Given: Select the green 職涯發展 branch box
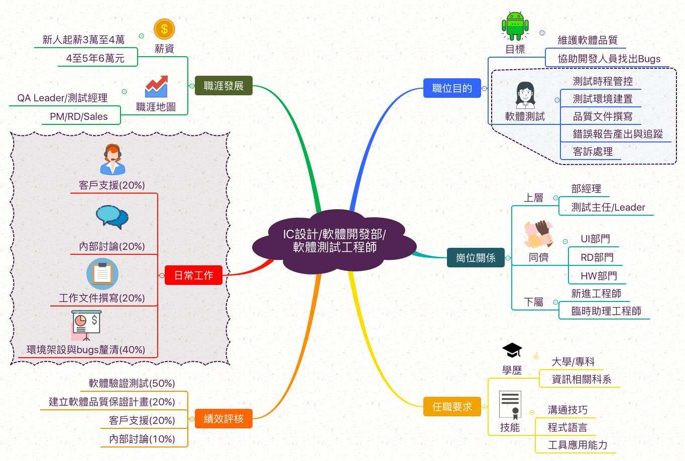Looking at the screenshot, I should click(223, 86).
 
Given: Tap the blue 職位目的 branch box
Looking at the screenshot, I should click(452, 88).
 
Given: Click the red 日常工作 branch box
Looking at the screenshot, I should click(193, 275).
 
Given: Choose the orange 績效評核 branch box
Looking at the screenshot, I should click(223, 418).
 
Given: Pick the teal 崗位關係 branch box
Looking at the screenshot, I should click(476, 258).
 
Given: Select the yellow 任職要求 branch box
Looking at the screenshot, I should click(452, 406).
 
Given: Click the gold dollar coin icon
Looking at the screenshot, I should click(164, 29).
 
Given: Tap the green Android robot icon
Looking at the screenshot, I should click(515, 26).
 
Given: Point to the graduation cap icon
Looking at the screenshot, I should click(512, 350).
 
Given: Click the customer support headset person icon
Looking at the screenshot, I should click(112, 160).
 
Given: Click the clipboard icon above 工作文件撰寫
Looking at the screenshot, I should click(102, 274).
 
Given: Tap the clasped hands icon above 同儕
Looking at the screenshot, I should click(538, 234).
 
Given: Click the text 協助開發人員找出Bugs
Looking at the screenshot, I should click(609, 59).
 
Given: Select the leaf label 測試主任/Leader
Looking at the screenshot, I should click(608, 207).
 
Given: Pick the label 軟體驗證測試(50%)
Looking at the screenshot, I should click(132, 383).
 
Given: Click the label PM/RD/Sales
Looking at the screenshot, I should click(78, 116).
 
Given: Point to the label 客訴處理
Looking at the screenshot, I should click(593, 151).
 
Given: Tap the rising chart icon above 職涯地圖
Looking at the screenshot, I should click(156, 86).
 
